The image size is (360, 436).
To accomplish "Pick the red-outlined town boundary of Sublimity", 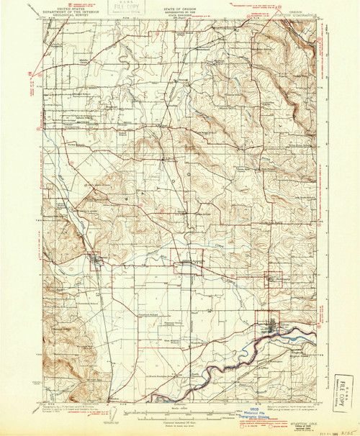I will point(275,280).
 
